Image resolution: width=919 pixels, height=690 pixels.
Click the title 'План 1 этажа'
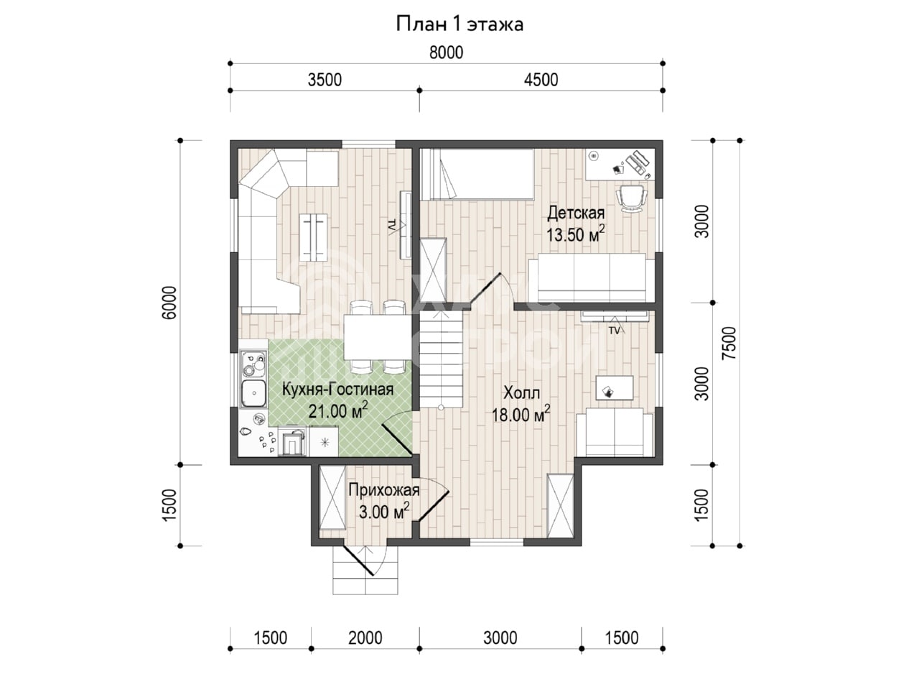coord(459,24)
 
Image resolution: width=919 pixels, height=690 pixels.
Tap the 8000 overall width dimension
coord(447,52)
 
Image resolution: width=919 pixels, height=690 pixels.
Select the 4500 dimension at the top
coord(541,80)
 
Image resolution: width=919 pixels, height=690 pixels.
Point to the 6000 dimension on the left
coord(169,303)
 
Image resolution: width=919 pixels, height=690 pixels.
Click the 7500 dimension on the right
coord(729,343)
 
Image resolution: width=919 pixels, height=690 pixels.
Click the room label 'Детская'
coord(576,213)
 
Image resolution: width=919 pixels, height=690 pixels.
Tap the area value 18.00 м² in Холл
coord(521,414)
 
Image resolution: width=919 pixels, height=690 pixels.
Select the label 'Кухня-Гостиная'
coord(338,390)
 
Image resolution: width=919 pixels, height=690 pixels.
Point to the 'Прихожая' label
coord(384,490)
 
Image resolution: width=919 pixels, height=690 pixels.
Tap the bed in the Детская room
coord(477,174)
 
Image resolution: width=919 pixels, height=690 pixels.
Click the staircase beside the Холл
coord(442,359)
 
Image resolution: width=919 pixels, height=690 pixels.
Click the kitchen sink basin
coord(253,393)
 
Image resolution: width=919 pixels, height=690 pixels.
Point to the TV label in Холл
coord(614,331)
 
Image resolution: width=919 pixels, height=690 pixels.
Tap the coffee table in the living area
coord(314,236)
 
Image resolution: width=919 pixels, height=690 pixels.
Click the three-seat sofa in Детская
coord(588,277)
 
